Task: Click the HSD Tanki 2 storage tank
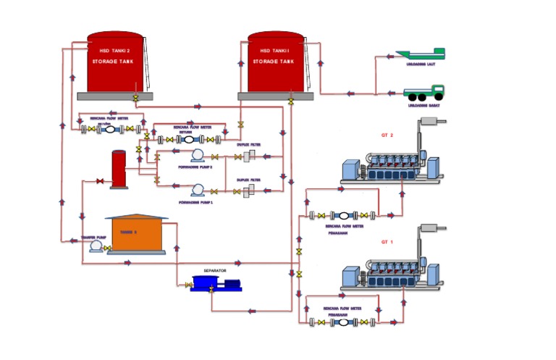point(115,63)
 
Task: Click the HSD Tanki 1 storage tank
point(275,63)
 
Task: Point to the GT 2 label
point(387,135)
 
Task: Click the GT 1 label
point(387,241)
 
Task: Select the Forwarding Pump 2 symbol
point(195,156)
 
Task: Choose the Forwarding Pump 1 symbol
point(195,191)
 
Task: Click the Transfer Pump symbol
point(93,247)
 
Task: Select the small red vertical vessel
point(118,169)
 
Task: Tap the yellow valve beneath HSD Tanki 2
point(135,98)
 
